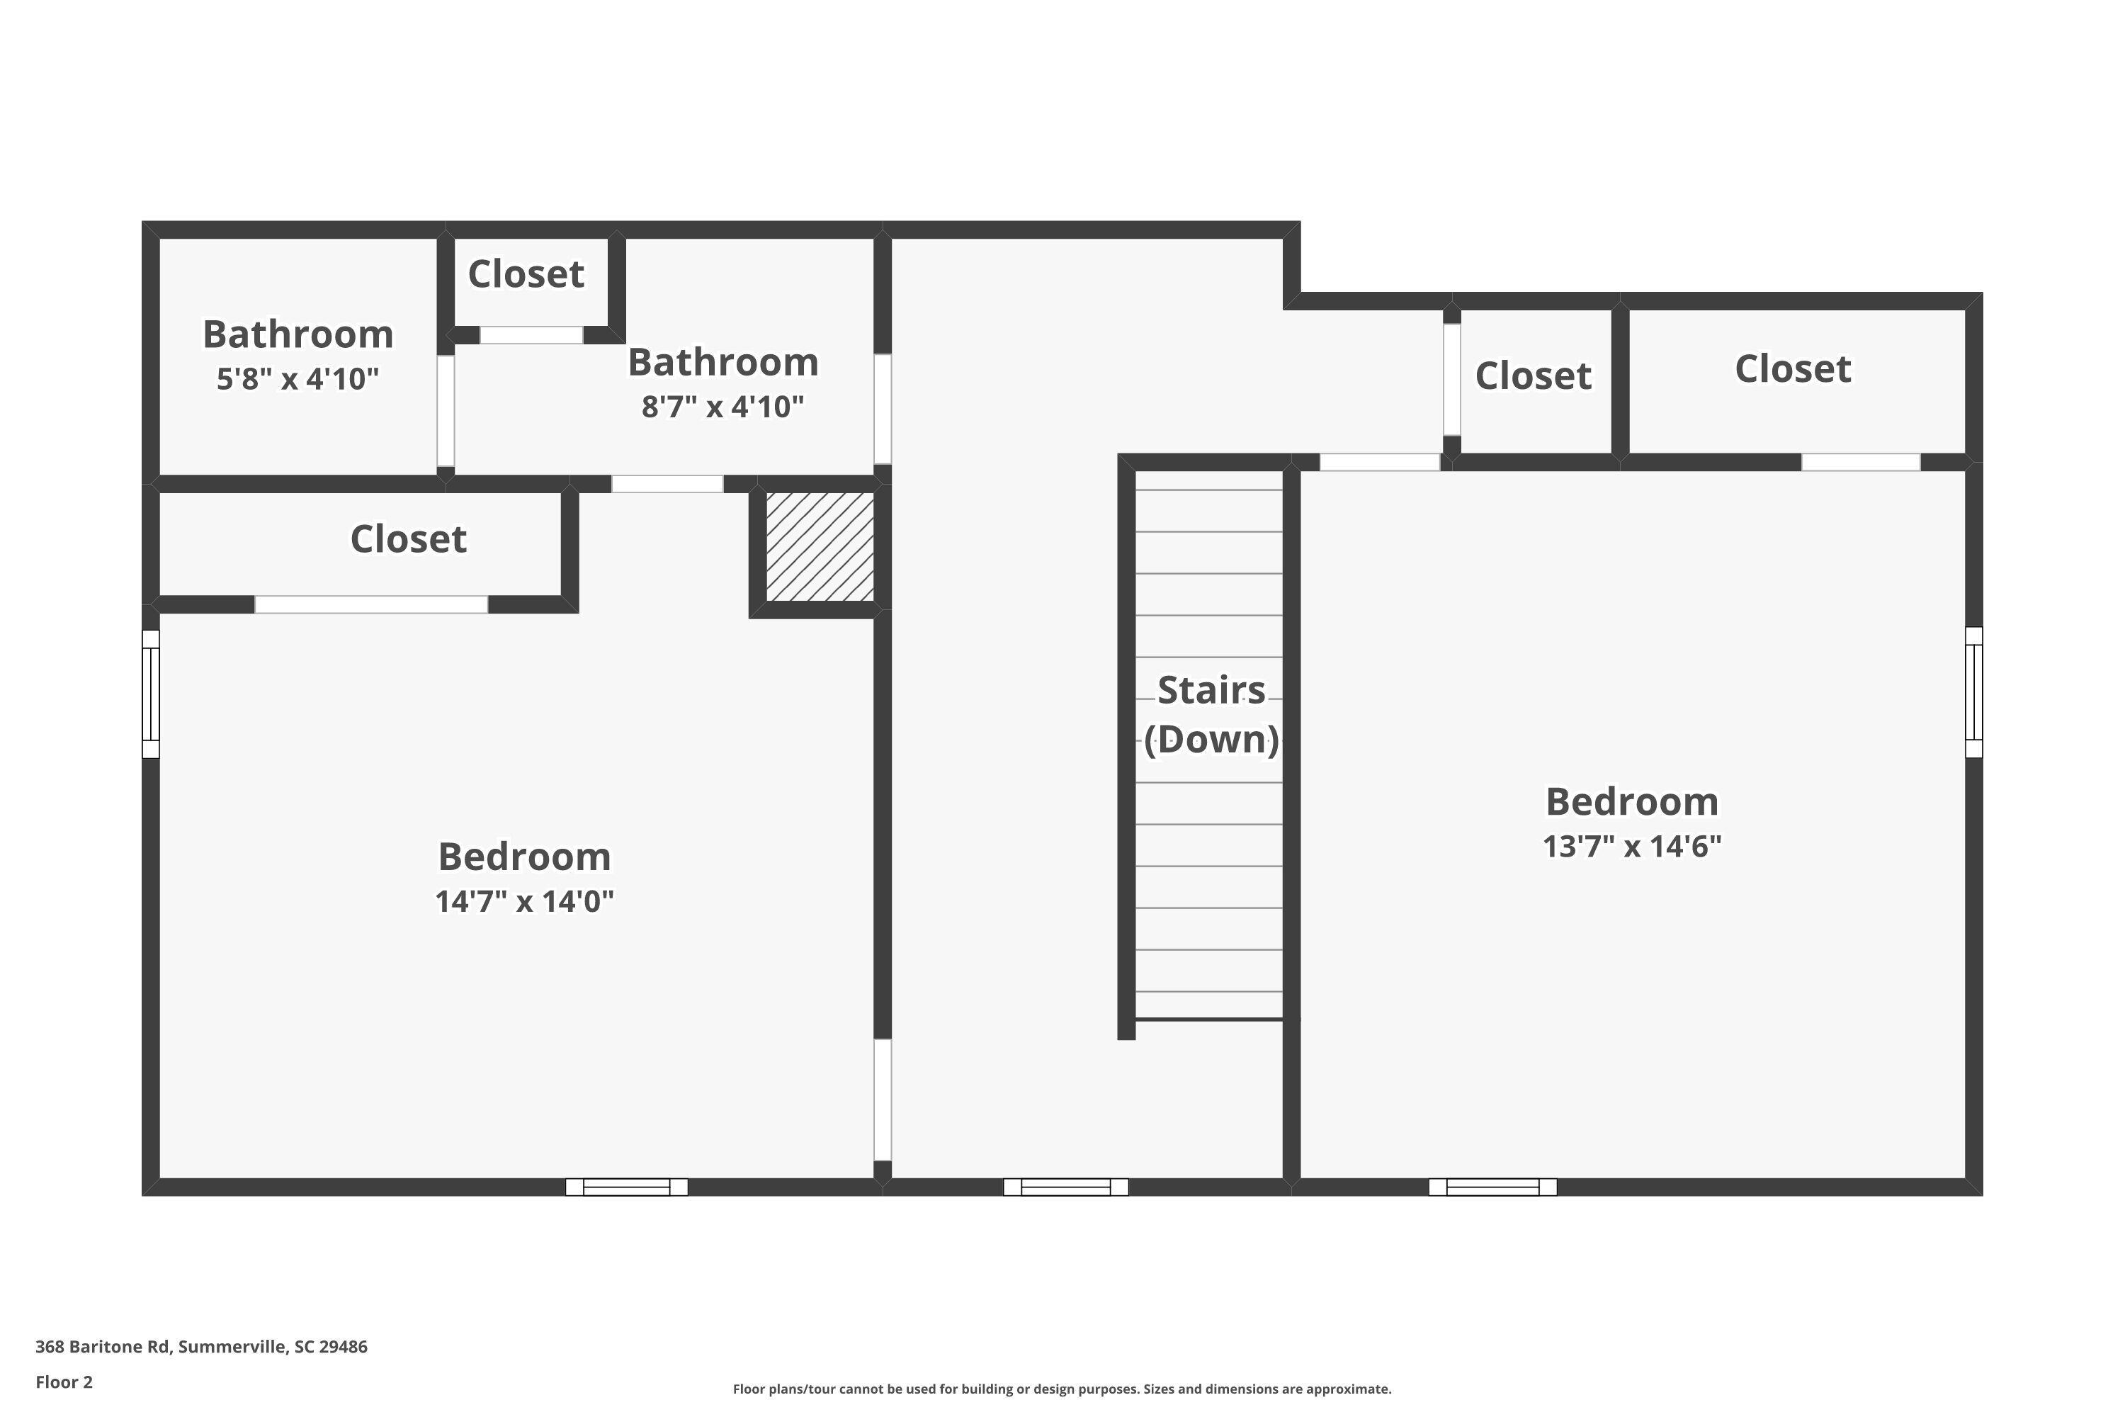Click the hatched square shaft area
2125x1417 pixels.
[x=820, y=547]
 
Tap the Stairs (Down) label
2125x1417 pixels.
[x=1211, y=715]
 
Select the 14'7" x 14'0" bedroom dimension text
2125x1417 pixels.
[x=524, y=901]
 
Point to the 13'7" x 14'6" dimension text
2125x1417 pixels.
[x=1632, y=846]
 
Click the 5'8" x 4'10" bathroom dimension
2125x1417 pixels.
[x=297, y=378]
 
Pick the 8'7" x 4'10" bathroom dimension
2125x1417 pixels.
[x=722, y=407]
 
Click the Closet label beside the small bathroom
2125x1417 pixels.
[x=526, y=273]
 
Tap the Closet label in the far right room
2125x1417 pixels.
[x=1793, y=368]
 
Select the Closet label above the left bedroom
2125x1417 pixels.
[x=409, y=538]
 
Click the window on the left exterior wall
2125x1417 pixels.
[x=151, y=694]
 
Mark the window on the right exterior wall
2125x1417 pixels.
[x=1973, y=692]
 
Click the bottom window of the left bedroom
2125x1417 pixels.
[x=626, y=1187]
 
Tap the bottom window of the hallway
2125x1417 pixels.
[x=1065, y=1187]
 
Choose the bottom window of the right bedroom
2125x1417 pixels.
[x=1492, y=1187]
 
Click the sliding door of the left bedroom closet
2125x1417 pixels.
[x=371, y=604]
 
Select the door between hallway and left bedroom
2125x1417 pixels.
[x=883, y=1099]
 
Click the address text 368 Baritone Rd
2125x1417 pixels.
[x=200, y=1347]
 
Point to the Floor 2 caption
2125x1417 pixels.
[x=64, y=1382]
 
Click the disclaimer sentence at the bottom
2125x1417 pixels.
[x=1062, y=1389]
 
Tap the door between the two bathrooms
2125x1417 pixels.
[x=446, y=411]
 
